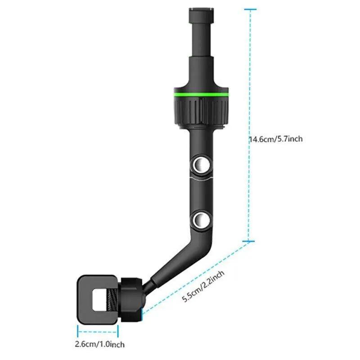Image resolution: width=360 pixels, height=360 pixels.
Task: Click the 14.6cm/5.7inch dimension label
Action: click(x=276, y=139)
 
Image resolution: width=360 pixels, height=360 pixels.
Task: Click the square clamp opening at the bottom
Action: click(x=97, y=299)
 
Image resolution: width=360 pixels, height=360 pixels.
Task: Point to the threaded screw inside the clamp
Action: click(x=111, y=299)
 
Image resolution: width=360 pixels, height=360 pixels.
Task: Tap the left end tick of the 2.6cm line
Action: click(x=77, y=332)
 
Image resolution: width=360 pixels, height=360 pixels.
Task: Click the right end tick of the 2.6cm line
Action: click(x=118, y=332)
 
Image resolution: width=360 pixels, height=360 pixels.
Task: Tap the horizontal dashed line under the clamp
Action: click(x=98, y=332)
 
